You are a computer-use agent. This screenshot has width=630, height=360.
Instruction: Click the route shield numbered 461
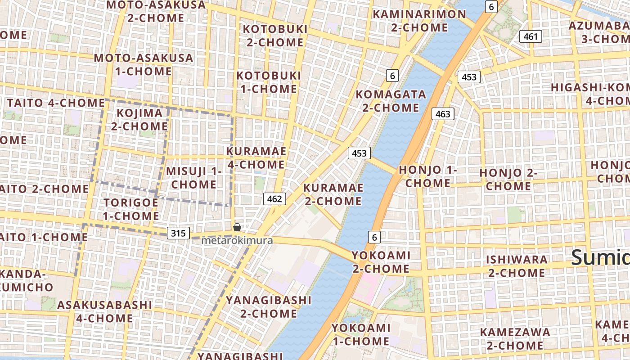(531, 36)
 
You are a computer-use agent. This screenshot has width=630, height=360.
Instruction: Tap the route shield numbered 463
(443, 114)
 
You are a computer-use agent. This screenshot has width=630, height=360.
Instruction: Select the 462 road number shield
(274, 199)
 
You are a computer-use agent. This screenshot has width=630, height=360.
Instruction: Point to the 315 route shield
(178, 233)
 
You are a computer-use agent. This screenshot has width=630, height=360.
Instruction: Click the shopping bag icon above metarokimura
(237, 227)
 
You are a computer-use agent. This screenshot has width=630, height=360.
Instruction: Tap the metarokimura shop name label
(237, 240)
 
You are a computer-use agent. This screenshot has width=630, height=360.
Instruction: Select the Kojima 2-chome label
(139, 120)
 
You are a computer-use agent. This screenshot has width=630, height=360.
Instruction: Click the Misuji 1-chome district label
(194, 178)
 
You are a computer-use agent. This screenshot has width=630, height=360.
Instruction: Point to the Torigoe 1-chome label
(131, 209)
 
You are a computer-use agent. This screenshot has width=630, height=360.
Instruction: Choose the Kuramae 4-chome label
(256, 158)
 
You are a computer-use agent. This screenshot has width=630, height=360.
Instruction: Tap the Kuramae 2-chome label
(333, 194)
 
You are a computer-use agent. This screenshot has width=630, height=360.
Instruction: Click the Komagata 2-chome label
(391, 101)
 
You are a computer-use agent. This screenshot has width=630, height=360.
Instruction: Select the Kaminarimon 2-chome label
(419, 20)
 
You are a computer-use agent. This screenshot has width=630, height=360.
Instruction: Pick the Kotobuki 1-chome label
(269, 82)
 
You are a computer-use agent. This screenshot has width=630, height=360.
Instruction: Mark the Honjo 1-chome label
(427, 176)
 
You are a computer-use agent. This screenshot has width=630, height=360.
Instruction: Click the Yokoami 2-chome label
(381, 262)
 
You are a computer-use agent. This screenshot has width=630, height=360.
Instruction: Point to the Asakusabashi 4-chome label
(104, 311)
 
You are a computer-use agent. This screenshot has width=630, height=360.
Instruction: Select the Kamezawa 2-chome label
(515, 339)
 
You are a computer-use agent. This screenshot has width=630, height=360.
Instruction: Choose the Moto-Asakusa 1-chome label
(144, 64)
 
